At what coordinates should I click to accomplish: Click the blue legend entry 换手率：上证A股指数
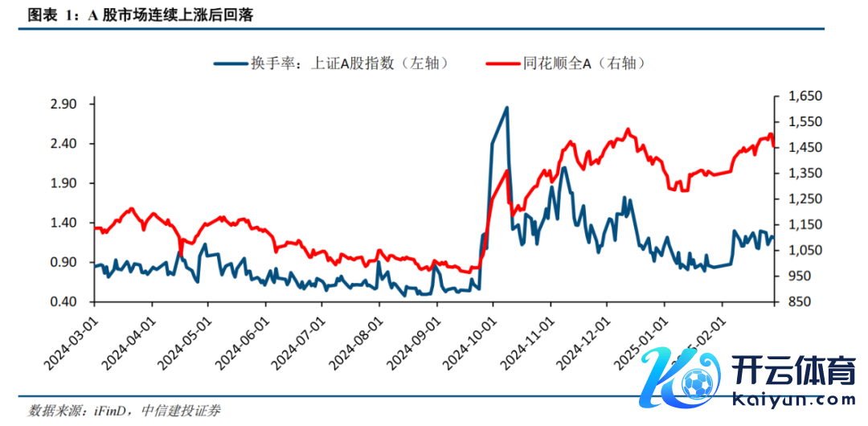tap(330, 63)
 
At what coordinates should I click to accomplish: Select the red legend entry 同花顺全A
tap(567, 63)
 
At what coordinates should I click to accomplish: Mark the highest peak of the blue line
tap(507, 108)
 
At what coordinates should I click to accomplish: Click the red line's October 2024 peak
tap(507, 170)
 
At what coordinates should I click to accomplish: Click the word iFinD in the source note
tap(106, 411)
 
